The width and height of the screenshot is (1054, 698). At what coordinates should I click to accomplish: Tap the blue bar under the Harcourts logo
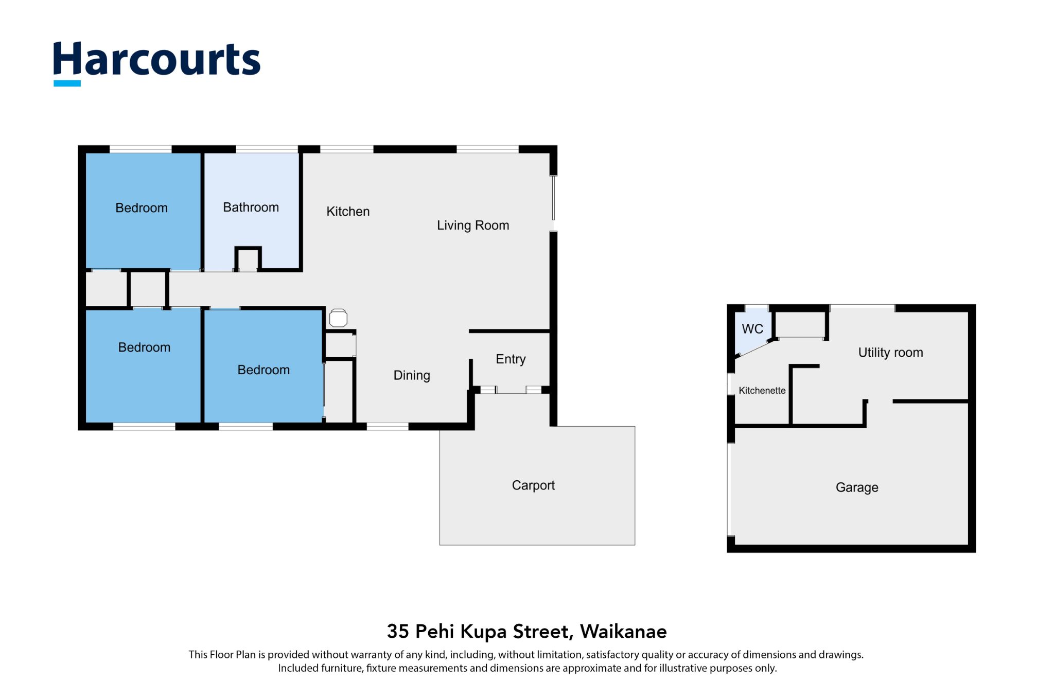tap(67, 83)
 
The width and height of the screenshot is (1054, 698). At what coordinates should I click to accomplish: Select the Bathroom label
tap(251, 207)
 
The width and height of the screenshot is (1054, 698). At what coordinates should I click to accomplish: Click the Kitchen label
tap(348, 212)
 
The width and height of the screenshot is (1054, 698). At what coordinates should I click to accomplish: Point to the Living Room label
tap(473, 225)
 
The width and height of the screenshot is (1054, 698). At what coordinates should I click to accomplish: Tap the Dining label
tap(412, 375)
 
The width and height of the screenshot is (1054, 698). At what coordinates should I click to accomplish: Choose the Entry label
tap(511, 359)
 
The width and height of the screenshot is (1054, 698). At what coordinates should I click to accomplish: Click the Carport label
tap(533, 485)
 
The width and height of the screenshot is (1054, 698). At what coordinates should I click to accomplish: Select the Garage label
tap(857, 487)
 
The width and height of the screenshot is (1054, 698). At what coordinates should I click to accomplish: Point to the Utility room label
tap(890, 353)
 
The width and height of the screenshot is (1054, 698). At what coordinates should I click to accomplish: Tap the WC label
tap(752, 329)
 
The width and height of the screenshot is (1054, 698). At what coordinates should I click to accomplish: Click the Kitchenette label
tap(762, 391)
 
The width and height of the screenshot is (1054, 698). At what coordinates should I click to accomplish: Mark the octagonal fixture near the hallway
tap(338, 318)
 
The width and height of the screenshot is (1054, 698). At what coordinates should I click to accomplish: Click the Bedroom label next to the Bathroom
tap(142, 208)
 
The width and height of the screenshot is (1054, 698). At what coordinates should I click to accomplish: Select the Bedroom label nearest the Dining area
tap(263, 370)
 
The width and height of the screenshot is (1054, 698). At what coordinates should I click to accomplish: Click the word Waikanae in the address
tap(623, 632)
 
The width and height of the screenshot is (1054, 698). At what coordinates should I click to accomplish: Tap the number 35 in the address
tap(398, 632)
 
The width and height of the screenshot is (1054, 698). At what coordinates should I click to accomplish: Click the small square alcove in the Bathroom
tap(248, 259)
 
